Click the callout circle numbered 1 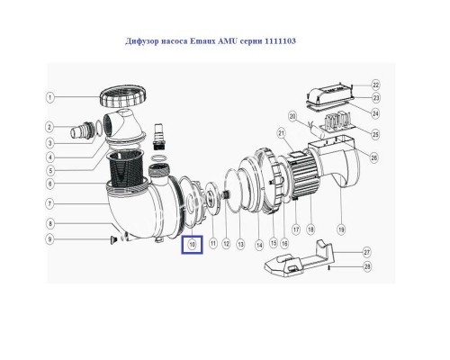coord(50,97)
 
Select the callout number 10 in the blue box coord(192,245)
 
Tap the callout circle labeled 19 coord(341,229)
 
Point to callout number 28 coord(367,266)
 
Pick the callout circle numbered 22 coord(375,85)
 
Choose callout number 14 coord(259,245)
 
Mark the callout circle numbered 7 coord(50,204)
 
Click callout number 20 coord(292,116)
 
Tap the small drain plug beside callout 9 coord(113,239)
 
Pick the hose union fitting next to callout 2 coord(82,130)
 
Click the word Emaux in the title coord(202,40)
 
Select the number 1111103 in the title coord(280,40)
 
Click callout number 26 coord(373,157)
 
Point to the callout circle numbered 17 coord(296,229)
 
